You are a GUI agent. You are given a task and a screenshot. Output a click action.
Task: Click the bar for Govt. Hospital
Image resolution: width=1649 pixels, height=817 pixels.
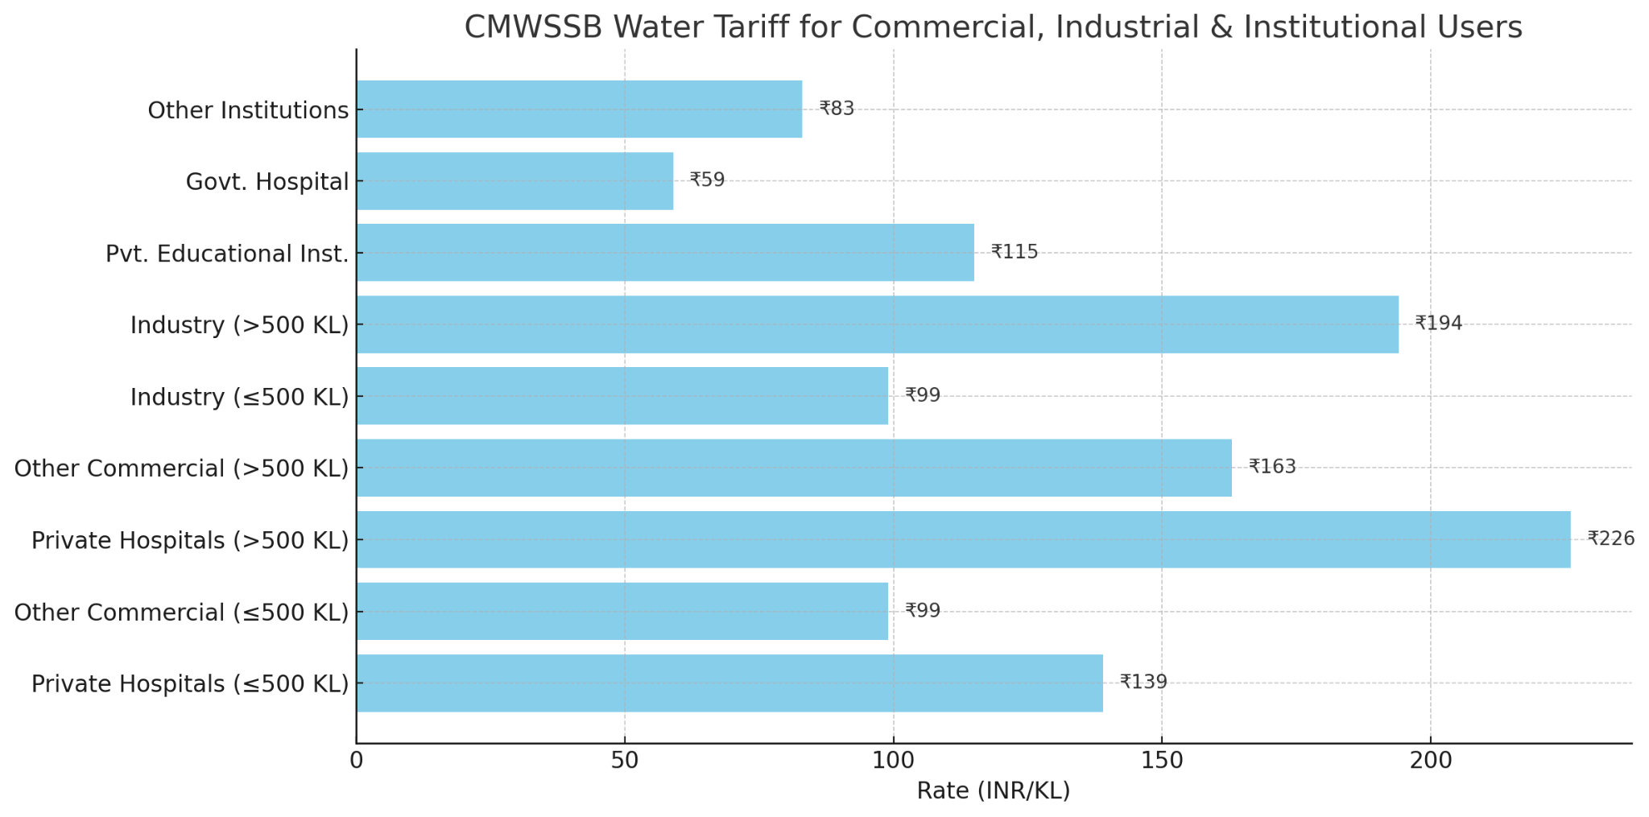tap(515, 181)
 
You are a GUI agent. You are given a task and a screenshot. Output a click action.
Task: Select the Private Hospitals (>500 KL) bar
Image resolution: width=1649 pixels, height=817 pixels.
tap(963, 539)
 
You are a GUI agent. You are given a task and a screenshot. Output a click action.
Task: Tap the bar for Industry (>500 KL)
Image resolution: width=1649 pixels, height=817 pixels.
tap(877, 324)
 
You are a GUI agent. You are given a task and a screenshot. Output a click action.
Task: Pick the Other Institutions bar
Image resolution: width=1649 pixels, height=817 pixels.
tap(579, 109)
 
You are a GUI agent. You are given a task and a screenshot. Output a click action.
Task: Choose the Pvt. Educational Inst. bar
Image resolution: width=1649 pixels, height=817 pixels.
tap(665, 253)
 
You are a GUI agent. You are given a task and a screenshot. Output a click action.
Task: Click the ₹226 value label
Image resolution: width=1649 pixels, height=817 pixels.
tap(1611, 538)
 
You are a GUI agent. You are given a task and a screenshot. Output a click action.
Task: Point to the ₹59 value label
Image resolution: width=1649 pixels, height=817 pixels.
tap(707, 180)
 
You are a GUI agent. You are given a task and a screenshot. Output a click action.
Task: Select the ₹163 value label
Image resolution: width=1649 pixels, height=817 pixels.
tap(1272, 467)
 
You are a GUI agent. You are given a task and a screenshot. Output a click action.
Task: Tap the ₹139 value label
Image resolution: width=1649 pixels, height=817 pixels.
tap(1143, 683)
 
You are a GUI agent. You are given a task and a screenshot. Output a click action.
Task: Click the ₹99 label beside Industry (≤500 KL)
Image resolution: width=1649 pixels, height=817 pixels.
tap(923, 395)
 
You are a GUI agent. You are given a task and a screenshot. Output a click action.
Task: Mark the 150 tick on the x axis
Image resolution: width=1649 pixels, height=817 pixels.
tap(1162, 761)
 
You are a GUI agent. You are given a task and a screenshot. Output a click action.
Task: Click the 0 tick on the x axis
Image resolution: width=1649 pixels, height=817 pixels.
tap(357, 761)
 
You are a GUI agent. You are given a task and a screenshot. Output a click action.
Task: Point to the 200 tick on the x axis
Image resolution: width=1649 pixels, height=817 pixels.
tap(1431, 761)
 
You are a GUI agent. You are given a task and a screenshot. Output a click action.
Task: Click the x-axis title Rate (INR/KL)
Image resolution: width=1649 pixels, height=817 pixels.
tap(994, 791)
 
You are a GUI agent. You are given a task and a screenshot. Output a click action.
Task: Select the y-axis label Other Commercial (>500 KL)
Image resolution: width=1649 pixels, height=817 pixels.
tap(181, 468)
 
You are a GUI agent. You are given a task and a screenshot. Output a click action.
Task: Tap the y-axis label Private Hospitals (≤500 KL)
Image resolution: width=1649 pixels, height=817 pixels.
tap(190, 684)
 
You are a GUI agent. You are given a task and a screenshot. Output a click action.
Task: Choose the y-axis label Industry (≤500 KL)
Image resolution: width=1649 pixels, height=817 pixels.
tap(239, 397)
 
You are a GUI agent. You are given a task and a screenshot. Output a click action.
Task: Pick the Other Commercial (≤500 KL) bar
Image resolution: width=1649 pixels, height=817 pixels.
tap(622, 611)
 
